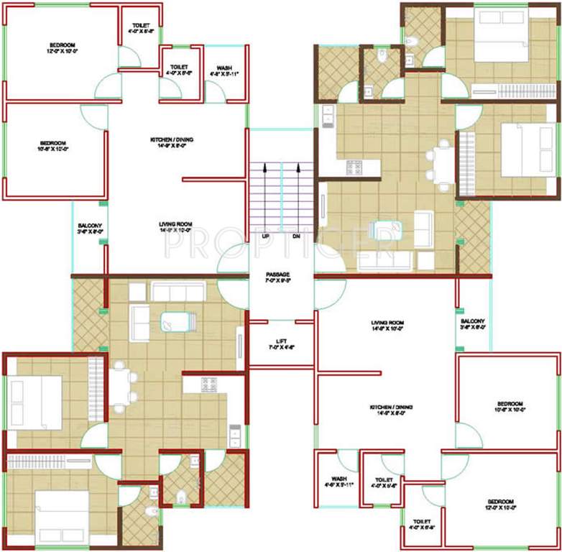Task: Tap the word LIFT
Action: point(281,341)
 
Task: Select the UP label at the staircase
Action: point(265,236)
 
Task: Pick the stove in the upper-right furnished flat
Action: point(354,167)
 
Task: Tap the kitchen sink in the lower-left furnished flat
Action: point(234,436)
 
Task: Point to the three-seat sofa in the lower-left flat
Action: point(178,291)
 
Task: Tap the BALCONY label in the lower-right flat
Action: point(473,321)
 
